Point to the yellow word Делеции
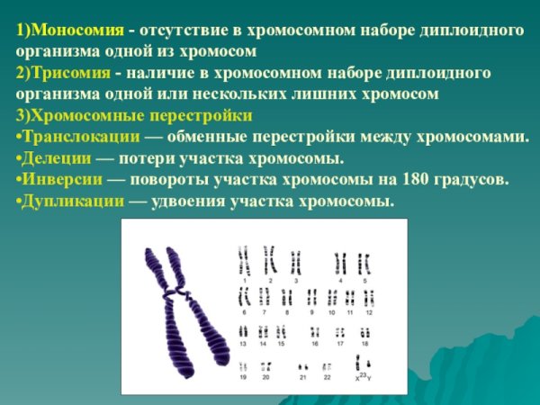pyautogui.click(x=56, y=158)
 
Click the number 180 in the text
pyautogui.click(x=417, y=179)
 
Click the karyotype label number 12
pyautogui.click(x=369, y=312)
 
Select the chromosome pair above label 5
pyautogui.click(x=364, y=262)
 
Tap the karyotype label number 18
pyautogui.click(x=364, y=344)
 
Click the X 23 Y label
pyautogui.click(x=363, y=377)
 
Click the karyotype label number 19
pyautogui.click(x=243, y=377)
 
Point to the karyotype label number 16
pyautogui.click(x=315, y=344)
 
